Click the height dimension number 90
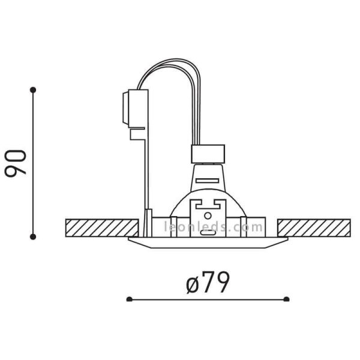(x=17, y=163)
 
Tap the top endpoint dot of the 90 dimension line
(x=33, y=90)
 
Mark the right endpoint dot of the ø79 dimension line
(x=287, y=299)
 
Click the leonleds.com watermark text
(x=214, y=227)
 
